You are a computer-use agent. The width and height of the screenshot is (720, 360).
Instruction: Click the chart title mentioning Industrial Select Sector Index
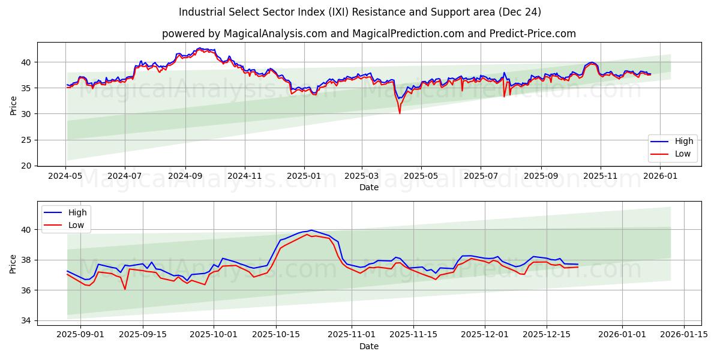pos(360,12)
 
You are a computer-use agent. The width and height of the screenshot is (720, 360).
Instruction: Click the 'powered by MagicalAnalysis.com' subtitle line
pos(368,34)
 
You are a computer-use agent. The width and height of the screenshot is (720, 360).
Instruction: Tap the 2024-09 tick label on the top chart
pos(185,176)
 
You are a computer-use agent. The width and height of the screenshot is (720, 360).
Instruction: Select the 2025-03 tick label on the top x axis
pos(362,176)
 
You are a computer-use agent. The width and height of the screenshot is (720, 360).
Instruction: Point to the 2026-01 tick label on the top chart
pos(659,176)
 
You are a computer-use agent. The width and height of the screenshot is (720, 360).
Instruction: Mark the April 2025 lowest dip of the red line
pos(400,113)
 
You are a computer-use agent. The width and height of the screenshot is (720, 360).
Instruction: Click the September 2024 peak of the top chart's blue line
pos(200,48)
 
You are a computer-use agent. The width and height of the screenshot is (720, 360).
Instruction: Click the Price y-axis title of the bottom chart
pos(13,263)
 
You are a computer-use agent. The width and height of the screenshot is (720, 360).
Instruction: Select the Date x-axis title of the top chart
pos(368,187)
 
